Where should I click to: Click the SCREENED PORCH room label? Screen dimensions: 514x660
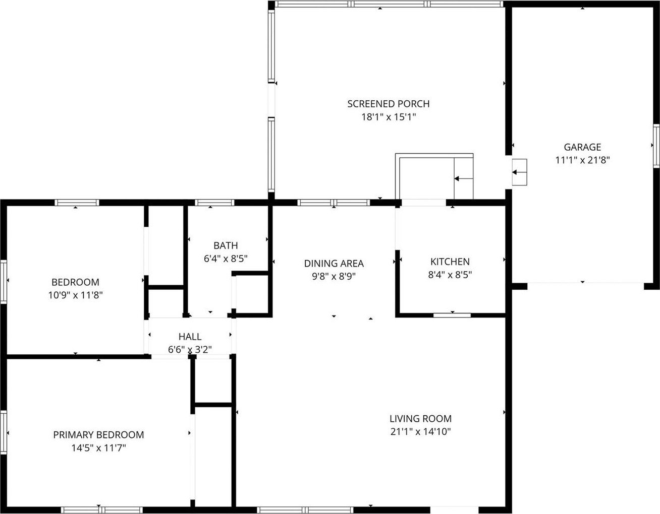pyautogui.click(x=388, y=104)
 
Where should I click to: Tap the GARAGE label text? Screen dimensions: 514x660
pyautogui.click(x=582, y=147)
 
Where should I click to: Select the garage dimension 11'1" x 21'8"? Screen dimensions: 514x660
pyautogui.click(x=582, y=160)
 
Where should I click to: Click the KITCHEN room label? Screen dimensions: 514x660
pyautogui.click(x=450, y=262)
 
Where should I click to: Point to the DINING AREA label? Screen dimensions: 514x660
pyautogui.click(x=334, y=263)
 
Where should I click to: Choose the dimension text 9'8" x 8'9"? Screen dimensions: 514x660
pyautogui.click(x=334, y=276)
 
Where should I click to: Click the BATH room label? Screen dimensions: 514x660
pyautogui.click(x=226, y=245)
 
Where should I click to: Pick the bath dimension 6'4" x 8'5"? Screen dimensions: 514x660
pyautogui.click(x=226, y=259)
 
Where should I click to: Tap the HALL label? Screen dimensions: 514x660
pyautogui.click(x=190, y=336)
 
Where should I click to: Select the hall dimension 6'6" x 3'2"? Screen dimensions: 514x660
pyautogui.click(x=190, y=349)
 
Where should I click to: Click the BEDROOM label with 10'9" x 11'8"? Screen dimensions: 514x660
pyautogui.click(x=75, y=282)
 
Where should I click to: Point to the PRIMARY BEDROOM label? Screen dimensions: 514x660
pyautogui.click(x=98, y=434)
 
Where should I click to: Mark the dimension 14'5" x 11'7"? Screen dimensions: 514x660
pyautogui.click(x=98, y=447)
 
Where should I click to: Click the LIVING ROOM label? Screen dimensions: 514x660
pyautogui.click(x=420, y=418)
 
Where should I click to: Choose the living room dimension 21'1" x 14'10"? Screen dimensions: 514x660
pyautogui.click(x=420, y=431)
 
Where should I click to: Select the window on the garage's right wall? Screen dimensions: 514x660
pyautogui.click(x=656, y=146)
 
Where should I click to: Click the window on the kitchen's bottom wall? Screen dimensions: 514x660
pyautogui.click(x=452, y=315)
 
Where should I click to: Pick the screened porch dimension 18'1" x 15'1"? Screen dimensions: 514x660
pyautogui.click(x=388, y=117)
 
